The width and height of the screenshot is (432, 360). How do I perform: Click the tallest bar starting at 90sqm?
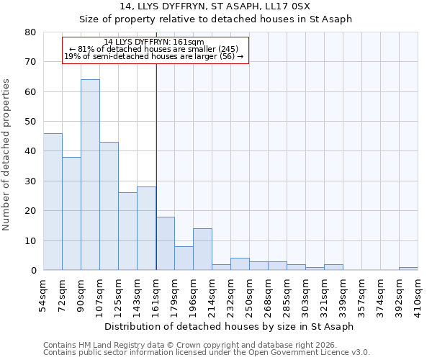(90, 175)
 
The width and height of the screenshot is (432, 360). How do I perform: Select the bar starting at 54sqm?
(53, 202)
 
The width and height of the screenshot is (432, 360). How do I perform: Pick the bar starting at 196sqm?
(202, 249)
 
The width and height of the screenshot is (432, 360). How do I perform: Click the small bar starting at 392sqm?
(408, 269)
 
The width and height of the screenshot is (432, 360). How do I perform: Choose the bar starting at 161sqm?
(165, 243)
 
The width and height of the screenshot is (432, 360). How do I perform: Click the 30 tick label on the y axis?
(30, 181)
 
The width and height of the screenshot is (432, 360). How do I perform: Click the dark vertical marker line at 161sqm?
(156, 166)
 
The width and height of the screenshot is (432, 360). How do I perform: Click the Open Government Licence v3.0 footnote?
(207, 353)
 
